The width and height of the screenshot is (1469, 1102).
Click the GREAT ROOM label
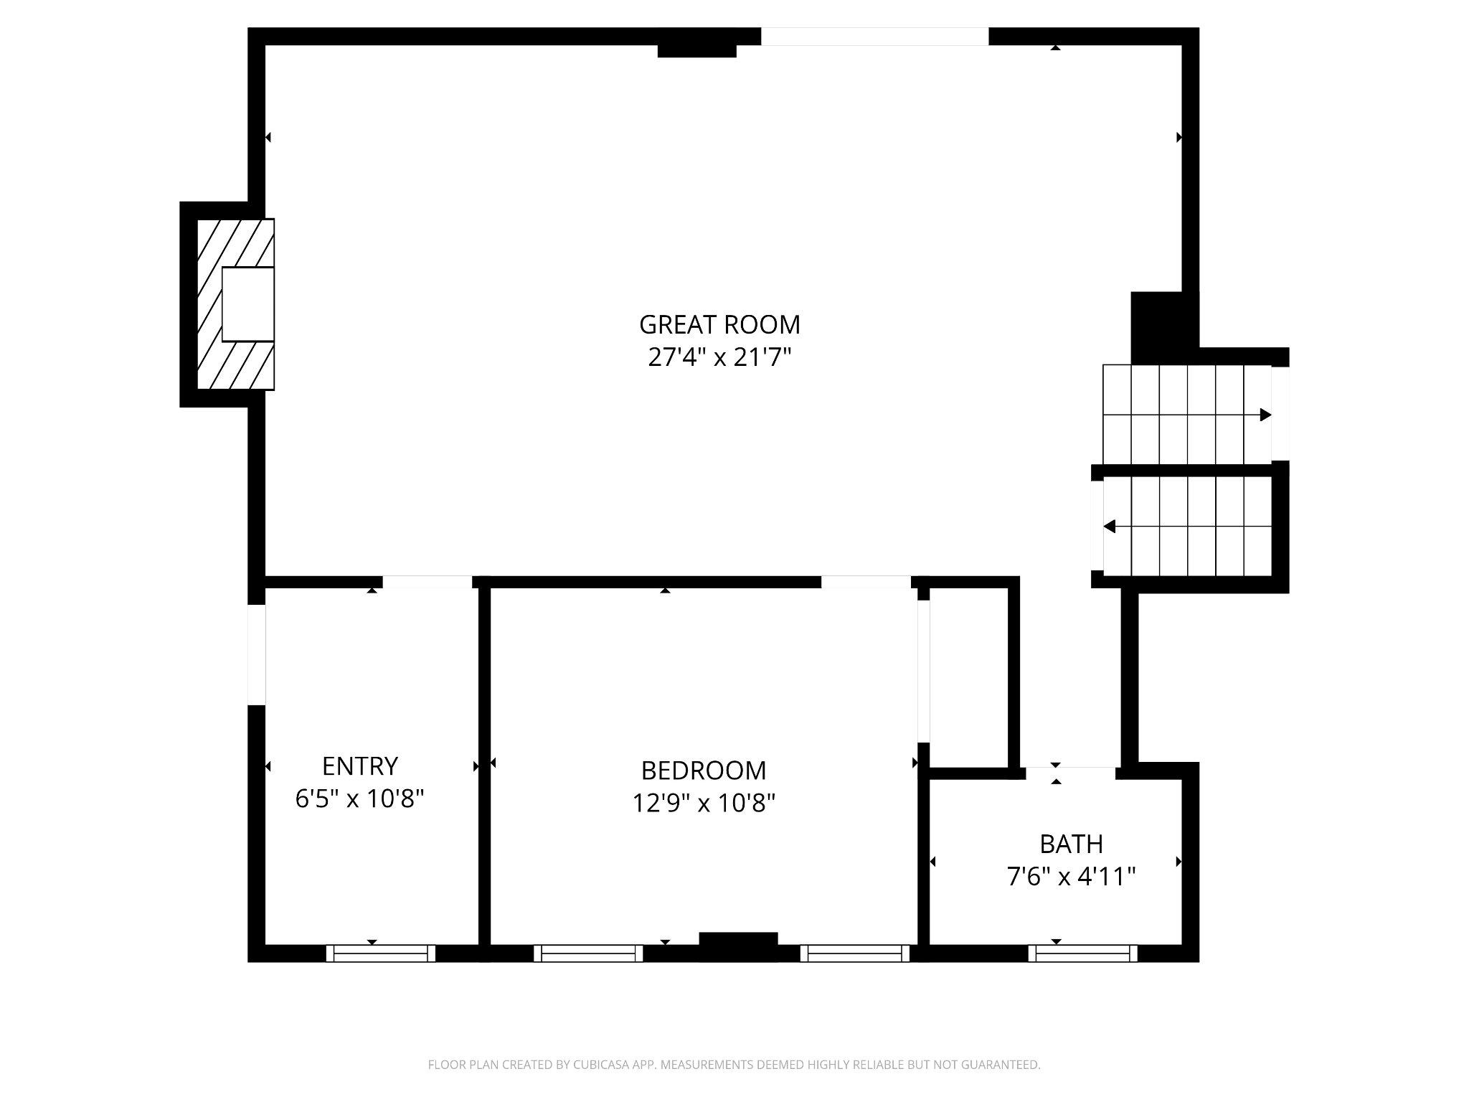pos(719,325)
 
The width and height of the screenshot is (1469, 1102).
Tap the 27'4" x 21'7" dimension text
pos(719,357)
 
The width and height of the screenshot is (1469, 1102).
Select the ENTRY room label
pos(359,766)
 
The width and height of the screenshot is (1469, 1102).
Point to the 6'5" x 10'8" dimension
pos(359,799)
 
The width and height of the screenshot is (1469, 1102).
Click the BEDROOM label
pos(704,771)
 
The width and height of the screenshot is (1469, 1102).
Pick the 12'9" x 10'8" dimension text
pos(704,803)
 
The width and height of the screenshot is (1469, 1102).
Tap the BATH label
pos(1071,844)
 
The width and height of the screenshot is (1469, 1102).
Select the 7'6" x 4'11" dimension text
pos(1071,877)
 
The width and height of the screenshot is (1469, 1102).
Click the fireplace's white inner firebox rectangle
pos(248,304)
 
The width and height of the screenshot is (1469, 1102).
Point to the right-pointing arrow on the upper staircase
pos(1265,415)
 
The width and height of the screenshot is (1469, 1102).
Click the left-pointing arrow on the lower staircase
pos(1110,527)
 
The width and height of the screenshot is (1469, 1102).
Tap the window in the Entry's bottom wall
pos(381,953)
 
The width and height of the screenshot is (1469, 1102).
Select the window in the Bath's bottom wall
pos(1083,953)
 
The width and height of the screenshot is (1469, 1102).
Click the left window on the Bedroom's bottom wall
pos(588,953)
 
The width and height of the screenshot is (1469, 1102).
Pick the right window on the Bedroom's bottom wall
pos(855,953)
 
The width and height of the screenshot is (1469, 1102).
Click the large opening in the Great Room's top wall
pos(874,37)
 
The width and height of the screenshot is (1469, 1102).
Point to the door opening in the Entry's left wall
pos(257,654)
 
